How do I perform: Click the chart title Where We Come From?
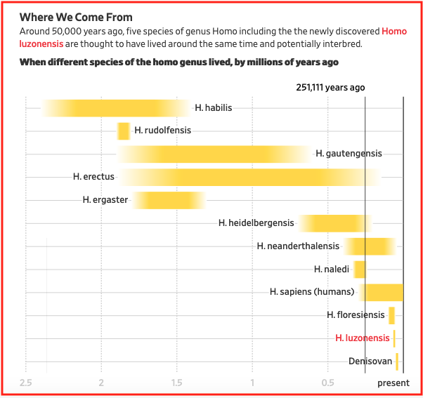point(76,17)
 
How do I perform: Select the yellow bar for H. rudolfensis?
point(124,131)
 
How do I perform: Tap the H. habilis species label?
point(214,108)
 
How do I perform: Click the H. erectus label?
point(93,177)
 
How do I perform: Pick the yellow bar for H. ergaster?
point(169,200)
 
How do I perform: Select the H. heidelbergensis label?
point(256,223)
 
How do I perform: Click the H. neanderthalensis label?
point(298,246)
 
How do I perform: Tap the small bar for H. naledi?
point(360,270)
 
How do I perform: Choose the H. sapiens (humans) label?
point(313,292)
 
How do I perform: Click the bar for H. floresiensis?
point(391,315)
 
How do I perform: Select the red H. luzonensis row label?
point(363,338)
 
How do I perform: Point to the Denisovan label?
point(370,361)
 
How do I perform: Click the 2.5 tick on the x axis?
point(26,383)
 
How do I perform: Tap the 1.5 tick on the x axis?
point(176,383)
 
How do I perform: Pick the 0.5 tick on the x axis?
point(327,383)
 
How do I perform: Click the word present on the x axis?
point(393,383)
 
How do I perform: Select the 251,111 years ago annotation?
point(330,88)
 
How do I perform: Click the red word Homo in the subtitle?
point(393,32)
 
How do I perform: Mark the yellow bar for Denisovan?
point(397,361)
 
